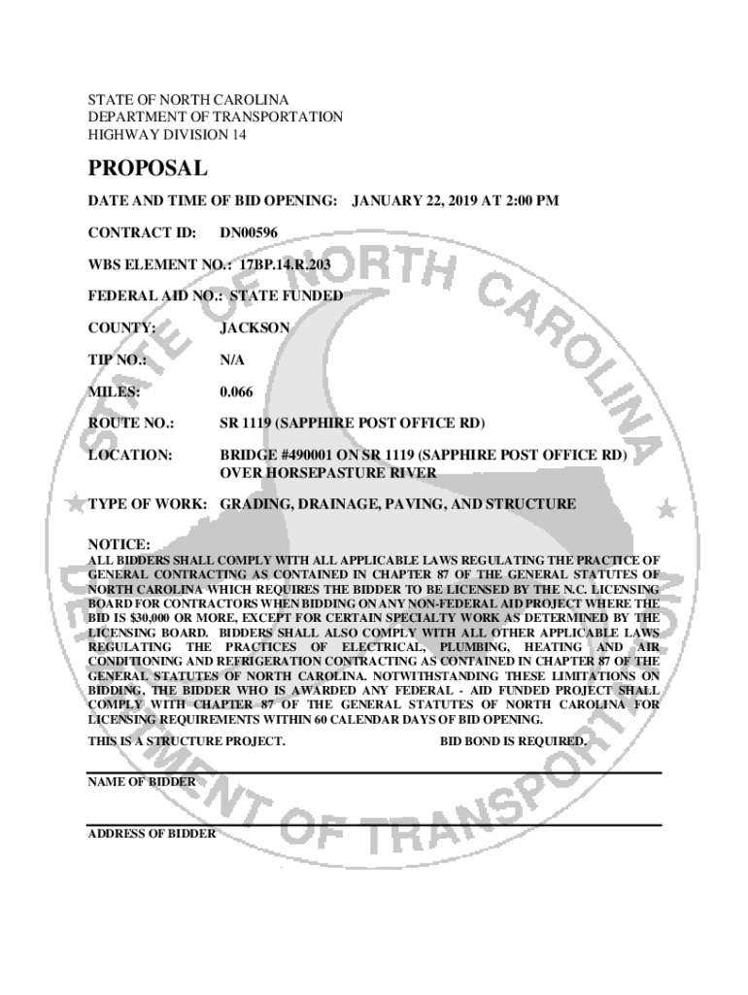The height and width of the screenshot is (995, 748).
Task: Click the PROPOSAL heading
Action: (148, 169)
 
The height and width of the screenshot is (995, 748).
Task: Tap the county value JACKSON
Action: (255, 328)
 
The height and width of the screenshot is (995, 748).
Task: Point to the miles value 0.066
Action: (238, 392)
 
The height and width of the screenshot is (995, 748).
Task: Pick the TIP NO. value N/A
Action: (232, 360)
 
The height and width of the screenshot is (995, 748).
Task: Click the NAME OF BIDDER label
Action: (142, 781)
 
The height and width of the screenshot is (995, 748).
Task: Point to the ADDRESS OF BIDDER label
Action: (152, 834)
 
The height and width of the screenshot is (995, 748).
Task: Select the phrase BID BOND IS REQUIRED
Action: (514, 741)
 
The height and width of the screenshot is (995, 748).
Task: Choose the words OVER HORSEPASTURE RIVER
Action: (327, 472)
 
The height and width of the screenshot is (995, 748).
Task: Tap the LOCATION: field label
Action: (130, 455)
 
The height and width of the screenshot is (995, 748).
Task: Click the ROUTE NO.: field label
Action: (131, 424)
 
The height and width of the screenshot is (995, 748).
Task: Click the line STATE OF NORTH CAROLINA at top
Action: (188, 100)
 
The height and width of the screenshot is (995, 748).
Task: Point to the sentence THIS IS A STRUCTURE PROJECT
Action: (187, 741)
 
